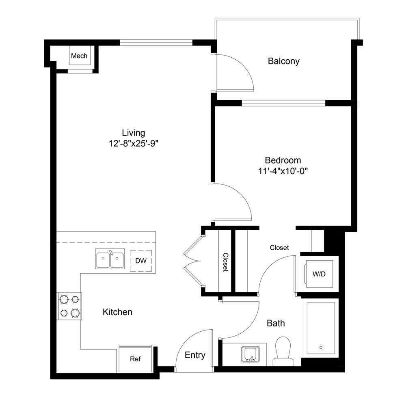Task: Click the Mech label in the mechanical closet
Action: [79, 56]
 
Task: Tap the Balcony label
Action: [283, 61]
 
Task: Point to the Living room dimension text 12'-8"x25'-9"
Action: [133, 143]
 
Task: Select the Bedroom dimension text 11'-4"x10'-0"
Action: [283, 171]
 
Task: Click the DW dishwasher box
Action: [141, 261]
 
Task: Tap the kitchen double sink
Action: [110, 259]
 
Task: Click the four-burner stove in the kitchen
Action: [69, 306]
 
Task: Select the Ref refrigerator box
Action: [135, 359]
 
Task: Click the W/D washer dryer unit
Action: [319, 274]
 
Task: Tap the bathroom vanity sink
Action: [250, 354]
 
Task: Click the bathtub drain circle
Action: [321, 347]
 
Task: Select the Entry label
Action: [195, 355]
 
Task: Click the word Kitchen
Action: [117, 312]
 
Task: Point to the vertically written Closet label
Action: [225, 262]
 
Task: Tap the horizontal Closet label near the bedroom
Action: [279, 248]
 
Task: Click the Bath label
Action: [276, 323]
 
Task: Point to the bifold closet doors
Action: [193, 261]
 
